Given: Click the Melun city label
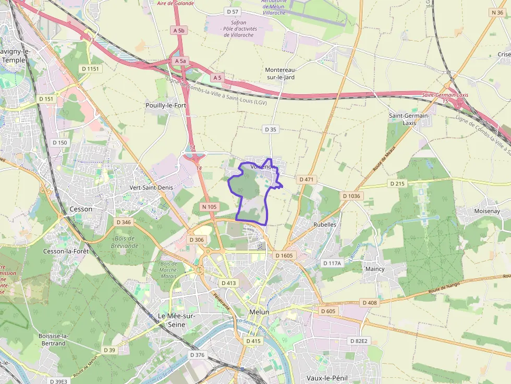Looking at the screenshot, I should coord(260,312).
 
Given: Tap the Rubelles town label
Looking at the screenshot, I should coord(325,225).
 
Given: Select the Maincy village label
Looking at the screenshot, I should coord(375,269).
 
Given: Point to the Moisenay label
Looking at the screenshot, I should coord(486,212).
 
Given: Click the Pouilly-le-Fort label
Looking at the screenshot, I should coord(166,105).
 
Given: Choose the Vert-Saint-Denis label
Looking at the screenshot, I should coord(151,187).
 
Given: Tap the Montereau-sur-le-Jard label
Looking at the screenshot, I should coord(280,73).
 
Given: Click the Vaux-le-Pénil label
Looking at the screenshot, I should coord(327,378).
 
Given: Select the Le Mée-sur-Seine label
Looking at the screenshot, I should coord(176,320).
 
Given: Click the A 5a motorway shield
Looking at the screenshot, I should coord(180,61).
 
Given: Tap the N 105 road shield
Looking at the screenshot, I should coord(209,207).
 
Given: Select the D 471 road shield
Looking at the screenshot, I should coord(307,179).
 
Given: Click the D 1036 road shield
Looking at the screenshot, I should coord(351,196).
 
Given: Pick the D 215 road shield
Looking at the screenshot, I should coord(397,183).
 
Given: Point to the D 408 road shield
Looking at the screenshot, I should coord(369,303).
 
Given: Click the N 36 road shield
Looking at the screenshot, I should coord(497,13).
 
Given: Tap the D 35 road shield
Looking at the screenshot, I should coord(270,129).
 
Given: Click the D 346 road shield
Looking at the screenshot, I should coord(124,222).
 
